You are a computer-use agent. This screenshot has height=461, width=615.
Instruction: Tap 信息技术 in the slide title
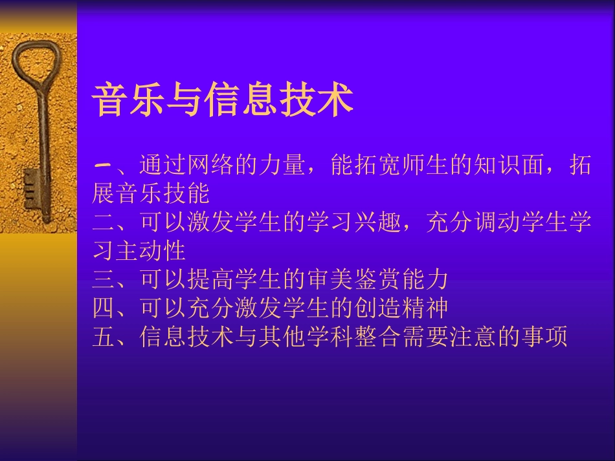coord(279,100)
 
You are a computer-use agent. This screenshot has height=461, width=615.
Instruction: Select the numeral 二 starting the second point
coord(103,222)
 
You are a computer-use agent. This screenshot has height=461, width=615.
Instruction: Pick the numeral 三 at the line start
coord(103,279)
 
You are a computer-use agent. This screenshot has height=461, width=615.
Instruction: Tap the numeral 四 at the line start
coord(103,308)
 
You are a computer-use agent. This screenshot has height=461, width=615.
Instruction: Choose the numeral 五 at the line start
coord(103,336)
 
